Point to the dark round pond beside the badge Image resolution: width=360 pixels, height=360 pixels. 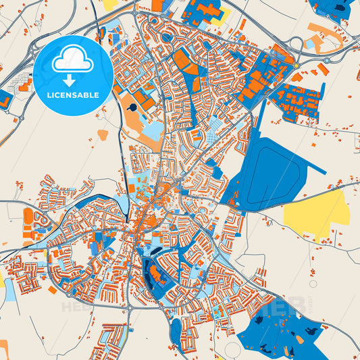(133, 107)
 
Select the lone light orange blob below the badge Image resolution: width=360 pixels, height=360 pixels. (103, 134)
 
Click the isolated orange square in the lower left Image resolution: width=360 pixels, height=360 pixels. (52, 290)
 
